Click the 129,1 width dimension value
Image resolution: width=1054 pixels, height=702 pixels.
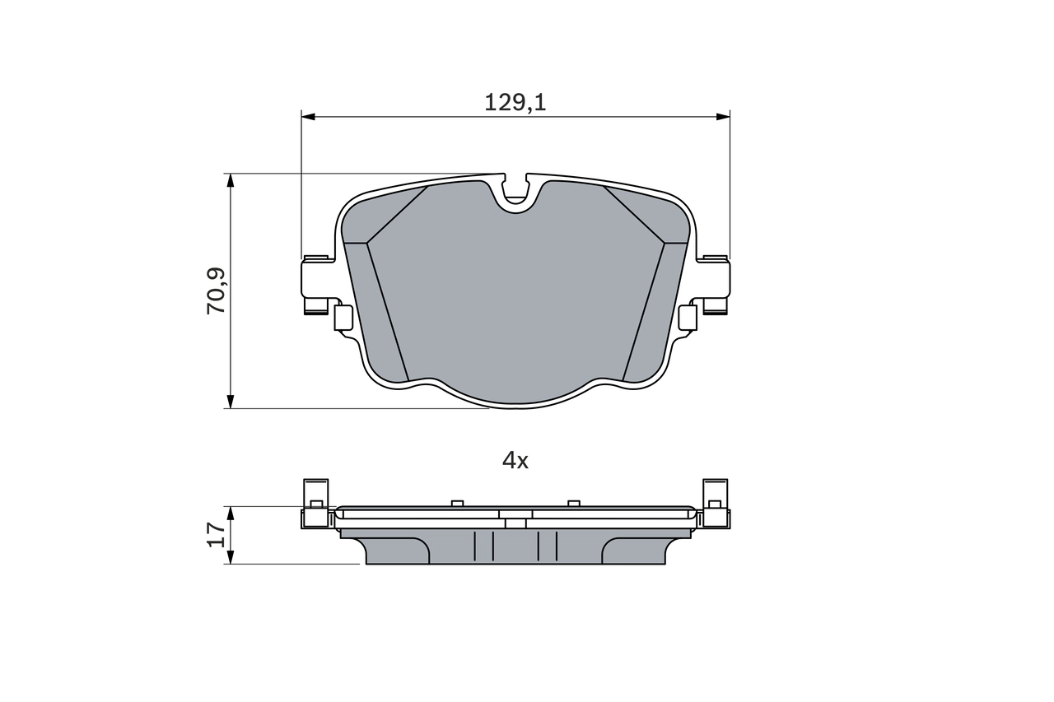pos(515,103)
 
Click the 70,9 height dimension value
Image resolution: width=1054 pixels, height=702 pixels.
pos(217,291)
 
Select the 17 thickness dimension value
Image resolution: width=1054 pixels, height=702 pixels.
pos(217,535)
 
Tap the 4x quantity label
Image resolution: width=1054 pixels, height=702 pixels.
pos(515,461)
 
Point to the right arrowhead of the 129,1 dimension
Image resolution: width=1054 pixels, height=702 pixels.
pos(723,117)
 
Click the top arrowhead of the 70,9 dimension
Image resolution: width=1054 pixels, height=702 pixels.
pos(231,180)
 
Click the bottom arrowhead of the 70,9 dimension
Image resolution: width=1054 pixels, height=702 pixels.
pos(231,401)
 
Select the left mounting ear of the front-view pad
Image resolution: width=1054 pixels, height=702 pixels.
pos(316,278)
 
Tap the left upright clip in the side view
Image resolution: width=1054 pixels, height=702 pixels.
pos(316,494)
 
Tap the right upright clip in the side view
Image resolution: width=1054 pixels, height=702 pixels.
pos(715,494)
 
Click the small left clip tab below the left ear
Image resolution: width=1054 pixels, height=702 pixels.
pos(343,318)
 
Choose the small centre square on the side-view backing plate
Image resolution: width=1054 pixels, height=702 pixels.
pos(515,523)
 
